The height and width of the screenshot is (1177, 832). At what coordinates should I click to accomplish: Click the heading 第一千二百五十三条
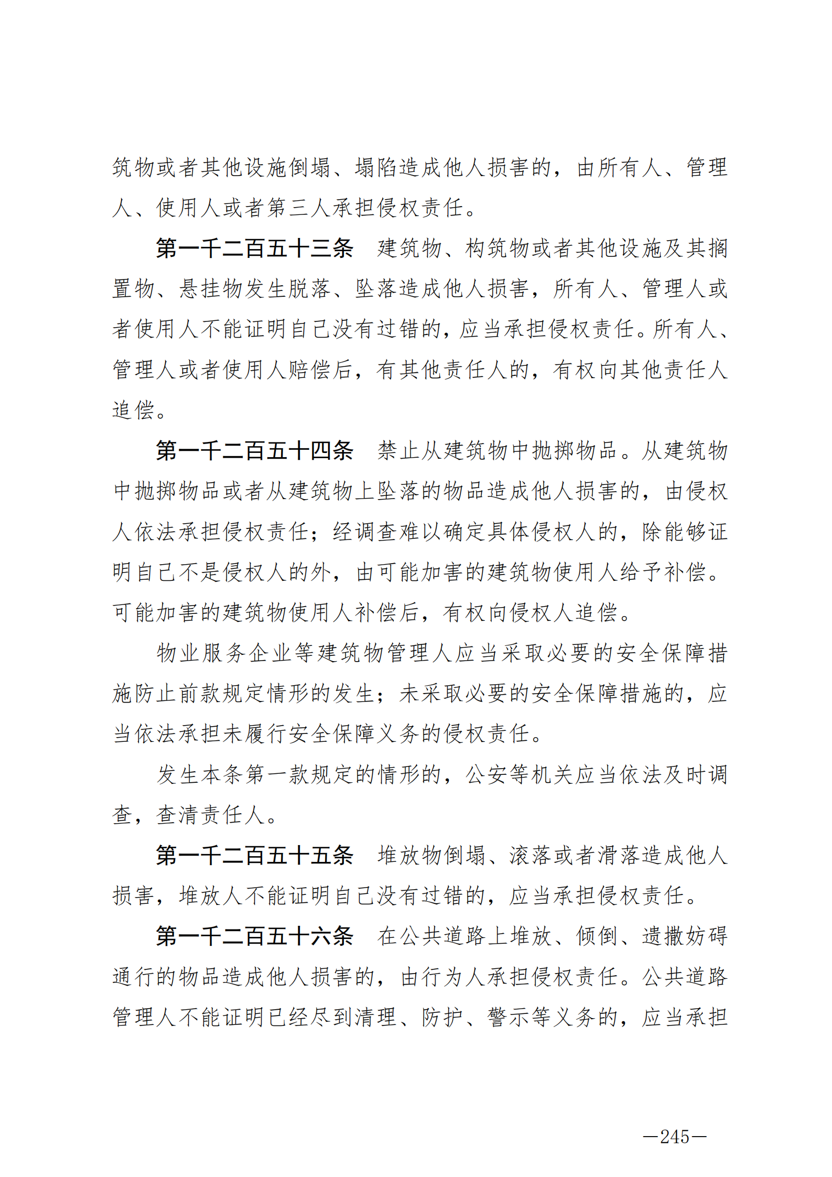[255, 248]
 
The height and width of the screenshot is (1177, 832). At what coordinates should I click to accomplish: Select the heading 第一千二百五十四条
[255, 450]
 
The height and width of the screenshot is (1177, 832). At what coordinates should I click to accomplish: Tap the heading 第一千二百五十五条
[255, 855]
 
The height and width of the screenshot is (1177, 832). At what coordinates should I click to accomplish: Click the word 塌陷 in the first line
[376, 168]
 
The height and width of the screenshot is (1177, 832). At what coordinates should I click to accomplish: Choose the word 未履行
[244, 734]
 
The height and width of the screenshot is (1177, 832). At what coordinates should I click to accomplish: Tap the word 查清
[178, 815]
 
